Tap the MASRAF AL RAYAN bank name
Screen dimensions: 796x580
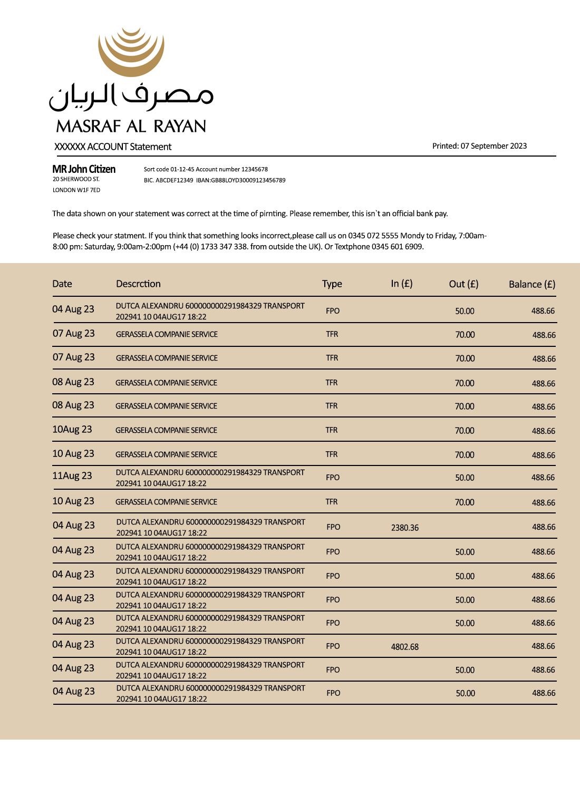pos(131,127)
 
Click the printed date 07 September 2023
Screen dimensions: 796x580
pos(494,146)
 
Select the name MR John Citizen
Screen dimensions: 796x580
pos(84,169)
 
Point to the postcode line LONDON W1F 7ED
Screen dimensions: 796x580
pos(76,190)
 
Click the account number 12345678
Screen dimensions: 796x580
pos(255,169)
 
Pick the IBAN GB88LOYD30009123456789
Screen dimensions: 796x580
pos(248,180)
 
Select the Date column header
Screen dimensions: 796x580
pos(62,284)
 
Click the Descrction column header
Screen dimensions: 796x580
pos(138,284)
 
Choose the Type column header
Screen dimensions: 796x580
pos(332,284)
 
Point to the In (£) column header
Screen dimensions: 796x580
pos(402,284)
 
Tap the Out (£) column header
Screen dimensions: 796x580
pos(463,284)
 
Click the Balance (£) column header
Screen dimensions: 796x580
pos(532,284)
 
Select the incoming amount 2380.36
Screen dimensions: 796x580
pos(405,528)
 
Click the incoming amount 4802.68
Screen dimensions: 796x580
pos(405,647)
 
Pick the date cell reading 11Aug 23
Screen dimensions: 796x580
pos(72,475)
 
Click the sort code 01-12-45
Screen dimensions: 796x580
pos(182,169)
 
